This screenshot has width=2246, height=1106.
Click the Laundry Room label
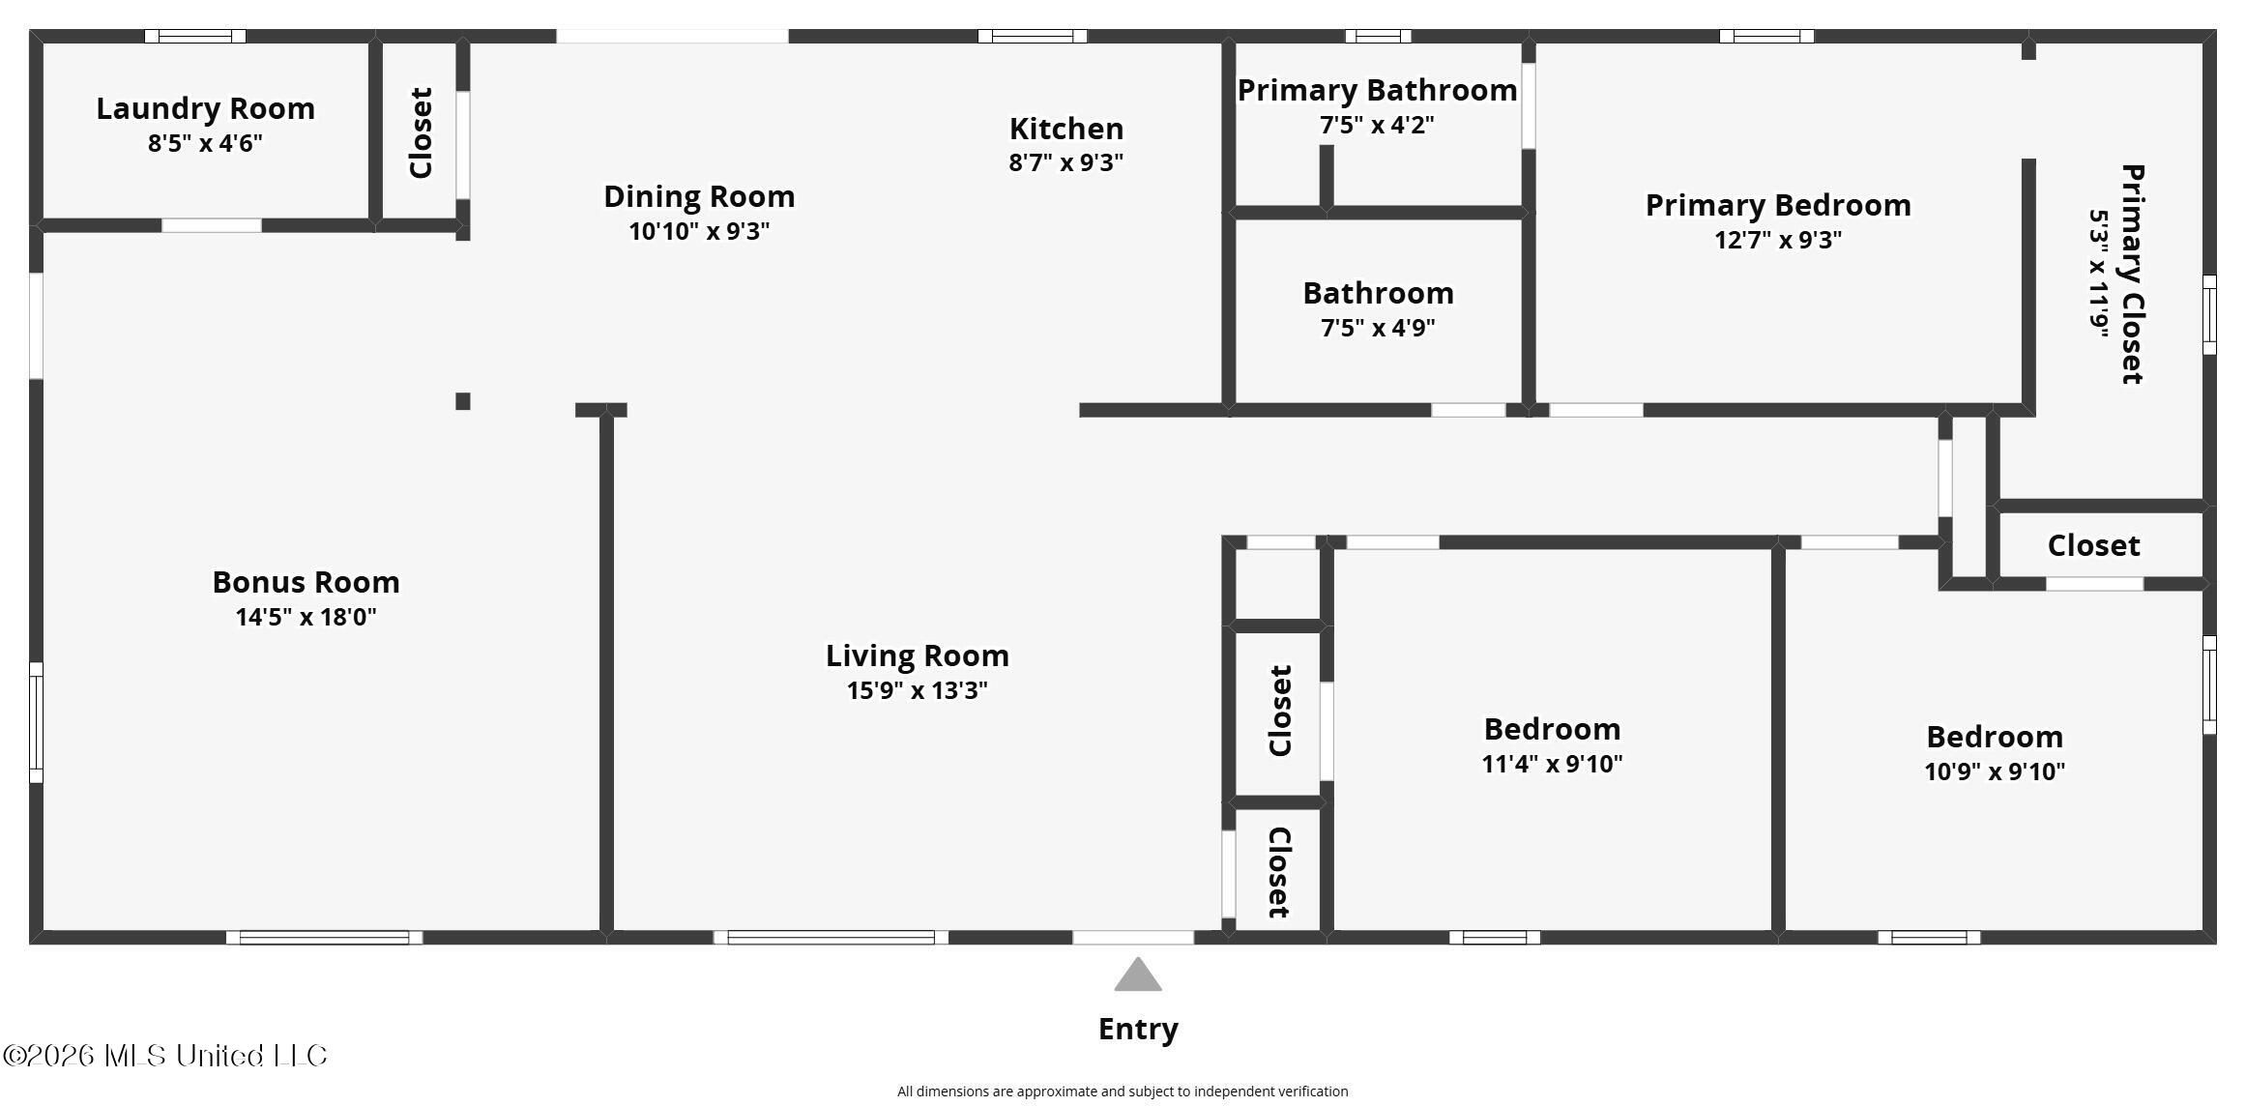click(205, 108)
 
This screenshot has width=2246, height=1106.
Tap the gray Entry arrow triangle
click(1137, 975)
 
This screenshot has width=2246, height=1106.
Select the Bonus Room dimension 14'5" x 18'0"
click(306, 617)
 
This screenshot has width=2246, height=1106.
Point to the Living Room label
click(917, 655)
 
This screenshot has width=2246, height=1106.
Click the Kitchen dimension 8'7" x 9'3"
click(1065, 162)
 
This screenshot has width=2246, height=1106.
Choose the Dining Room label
click(699, 196)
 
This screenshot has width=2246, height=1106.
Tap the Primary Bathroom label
click(1377, 90)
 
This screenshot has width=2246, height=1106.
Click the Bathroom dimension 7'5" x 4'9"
click(1378, 328)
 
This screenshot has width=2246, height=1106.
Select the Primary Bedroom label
click(1778, 205)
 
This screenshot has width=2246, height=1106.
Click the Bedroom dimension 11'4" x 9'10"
click(1552, 764)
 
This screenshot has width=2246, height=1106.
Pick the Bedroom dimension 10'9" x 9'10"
click(1995, 771)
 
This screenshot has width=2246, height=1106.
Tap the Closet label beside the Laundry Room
click(421, 133)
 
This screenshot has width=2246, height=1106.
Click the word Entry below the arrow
click(1138, 1029)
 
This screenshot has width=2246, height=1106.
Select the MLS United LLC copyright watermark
click(165, 1055)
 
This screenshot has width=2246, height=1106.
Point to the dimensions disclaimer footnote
click(1123, 1091)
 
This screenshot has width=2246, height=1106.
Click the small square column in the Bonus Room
click(463, 401)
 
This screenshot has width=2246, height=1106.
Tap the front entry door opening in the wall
click(1133, 937)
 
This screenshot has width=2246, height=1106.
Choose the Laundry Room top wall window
click(195, 37)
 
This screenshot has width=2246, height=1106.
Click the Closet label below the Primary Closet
click(2093, 545)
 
